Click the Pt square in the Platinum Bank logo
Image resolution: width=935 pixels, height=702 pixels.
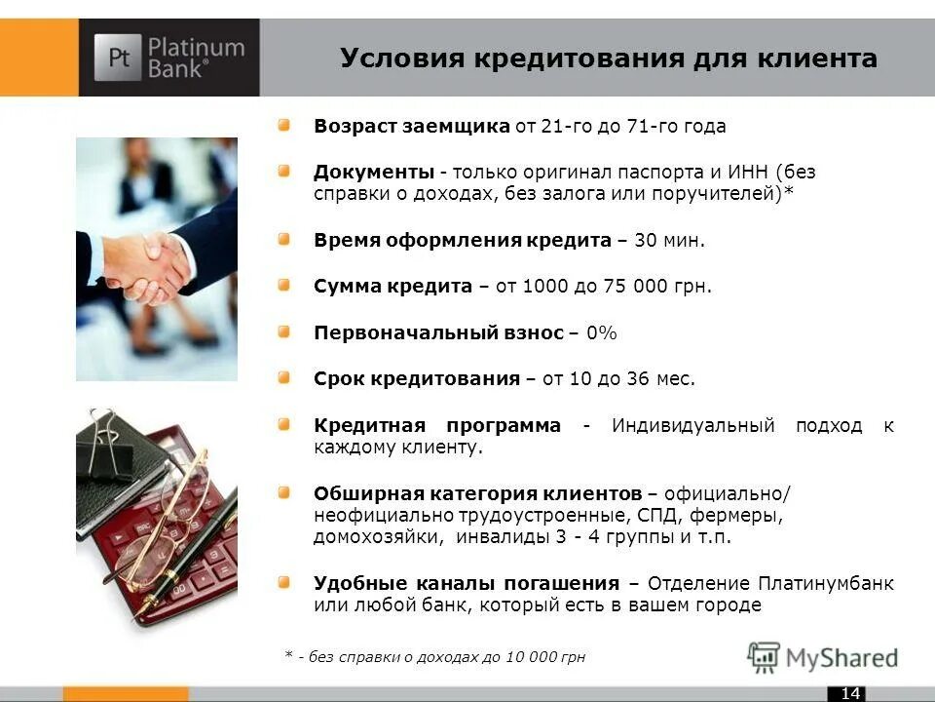click(118, 58)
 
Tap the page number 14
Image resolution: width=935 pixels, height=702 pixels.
click(850, 693)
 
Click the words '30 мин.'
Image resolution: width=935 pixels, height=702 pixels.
click(667, 241)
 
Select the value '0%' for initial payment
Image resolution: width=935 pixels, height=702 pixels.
click(601, 333)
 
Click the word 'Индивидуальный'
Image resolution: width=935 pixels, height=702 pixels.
click(692, 426)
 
